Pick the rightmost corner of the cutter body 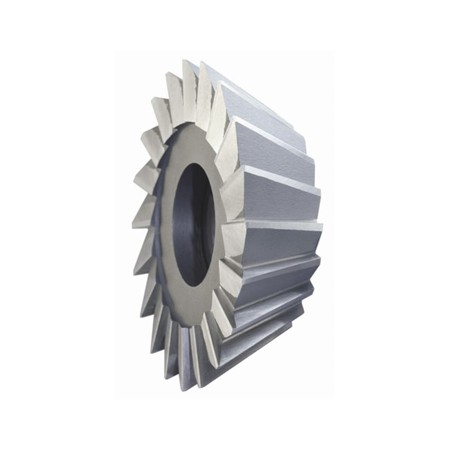[323, 225]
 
